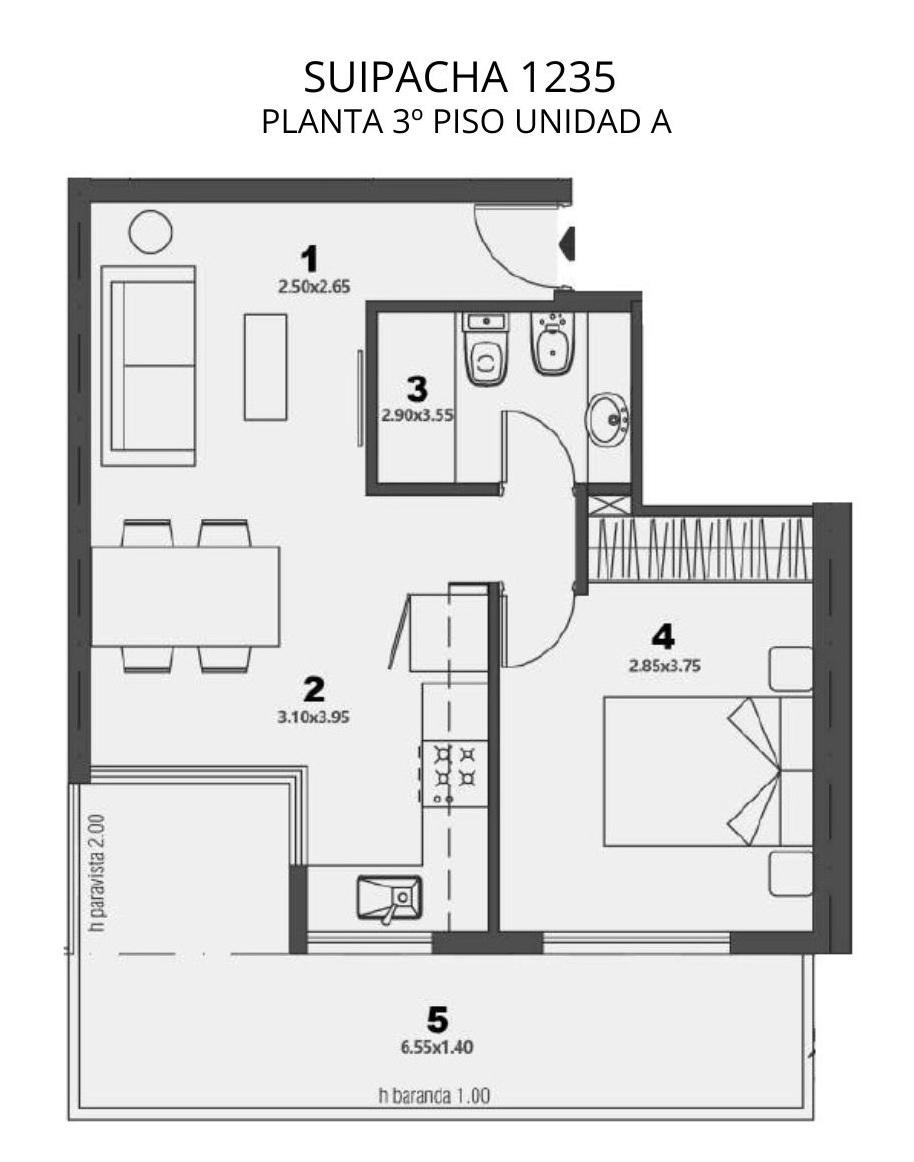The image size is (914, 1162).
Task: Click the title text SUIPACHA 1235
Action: point(459,76)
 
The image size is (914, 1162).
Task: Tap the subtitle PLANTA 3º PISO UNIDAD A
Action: point(466,122)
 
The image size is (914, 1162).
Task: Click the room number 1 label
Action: point(309,259)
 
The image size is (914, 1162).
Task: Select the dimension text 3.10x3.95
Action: point(314,717)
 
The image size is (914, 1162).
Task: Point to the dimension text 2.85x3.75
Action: point(664,665)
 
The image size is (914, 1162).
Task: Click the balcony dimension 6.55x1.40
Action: point(437,1047)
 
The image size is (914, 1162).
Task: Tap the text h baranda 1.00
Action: point(434,1095)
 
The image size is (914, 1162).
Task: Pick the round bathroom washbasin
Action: point(609,419)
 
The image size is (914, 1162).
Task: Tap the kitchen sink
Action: point(389,899)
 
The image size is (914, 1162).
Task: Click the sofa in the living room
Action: point(148,365)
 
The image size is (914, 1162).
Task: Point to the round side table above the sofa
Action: point(150,232)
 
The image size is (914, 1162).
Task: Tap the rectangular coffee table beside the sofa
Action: point(265,367)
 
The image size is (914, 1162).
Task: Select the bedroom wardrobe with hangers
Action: point(701,549)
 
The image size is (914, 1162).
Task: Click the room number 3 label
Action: point(417,389)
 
